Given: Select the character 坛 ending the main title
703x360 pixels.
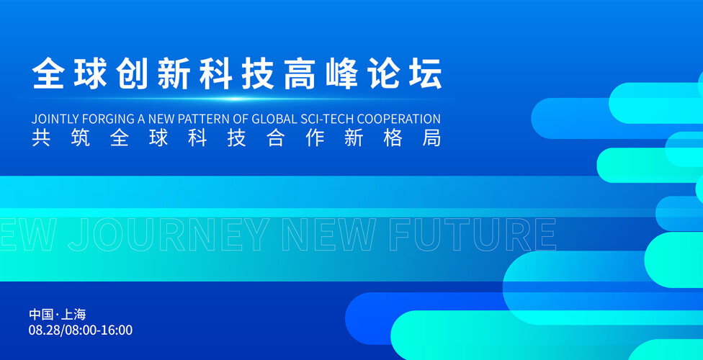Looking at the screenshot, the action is pos(426,73).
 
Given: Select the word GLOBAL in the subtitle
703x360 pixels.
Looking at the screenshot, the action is pos(274,119).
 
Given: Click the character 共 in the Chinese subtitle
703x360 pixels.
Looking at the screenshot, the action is pos(41,138).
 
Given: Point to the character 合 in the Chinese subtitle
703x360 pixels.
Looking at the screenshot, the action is pos(276,138).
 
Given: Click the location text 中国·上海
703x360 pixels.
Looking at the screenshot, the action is pos(58,314).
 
